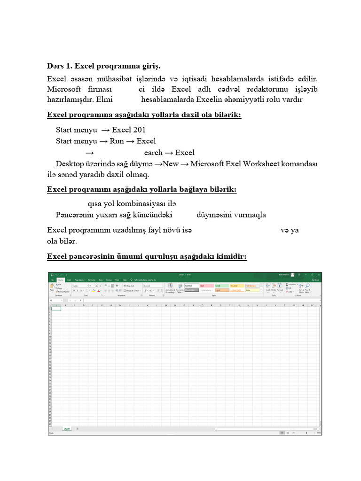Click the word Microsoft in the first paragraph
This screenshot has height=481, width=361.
pos(63,89)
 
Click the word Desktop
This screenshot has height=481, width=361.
pos(71,164)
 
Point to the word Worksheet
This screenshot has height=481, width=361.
pos(261,164)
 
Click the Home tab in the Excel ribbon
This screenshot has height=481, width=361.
pos(60,280)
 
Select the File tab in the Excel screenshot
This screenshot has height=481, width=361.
pos(53,280)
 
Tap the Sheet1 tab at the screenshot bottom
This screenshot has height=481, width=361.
pos(67,429)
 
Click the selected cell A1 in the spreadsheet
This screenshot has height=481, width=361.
pos(56,308)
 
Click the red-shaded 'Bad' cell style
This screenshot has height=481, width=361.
pos(205,286)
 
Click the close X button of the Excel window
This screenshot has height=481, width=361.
pos(318,275)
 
